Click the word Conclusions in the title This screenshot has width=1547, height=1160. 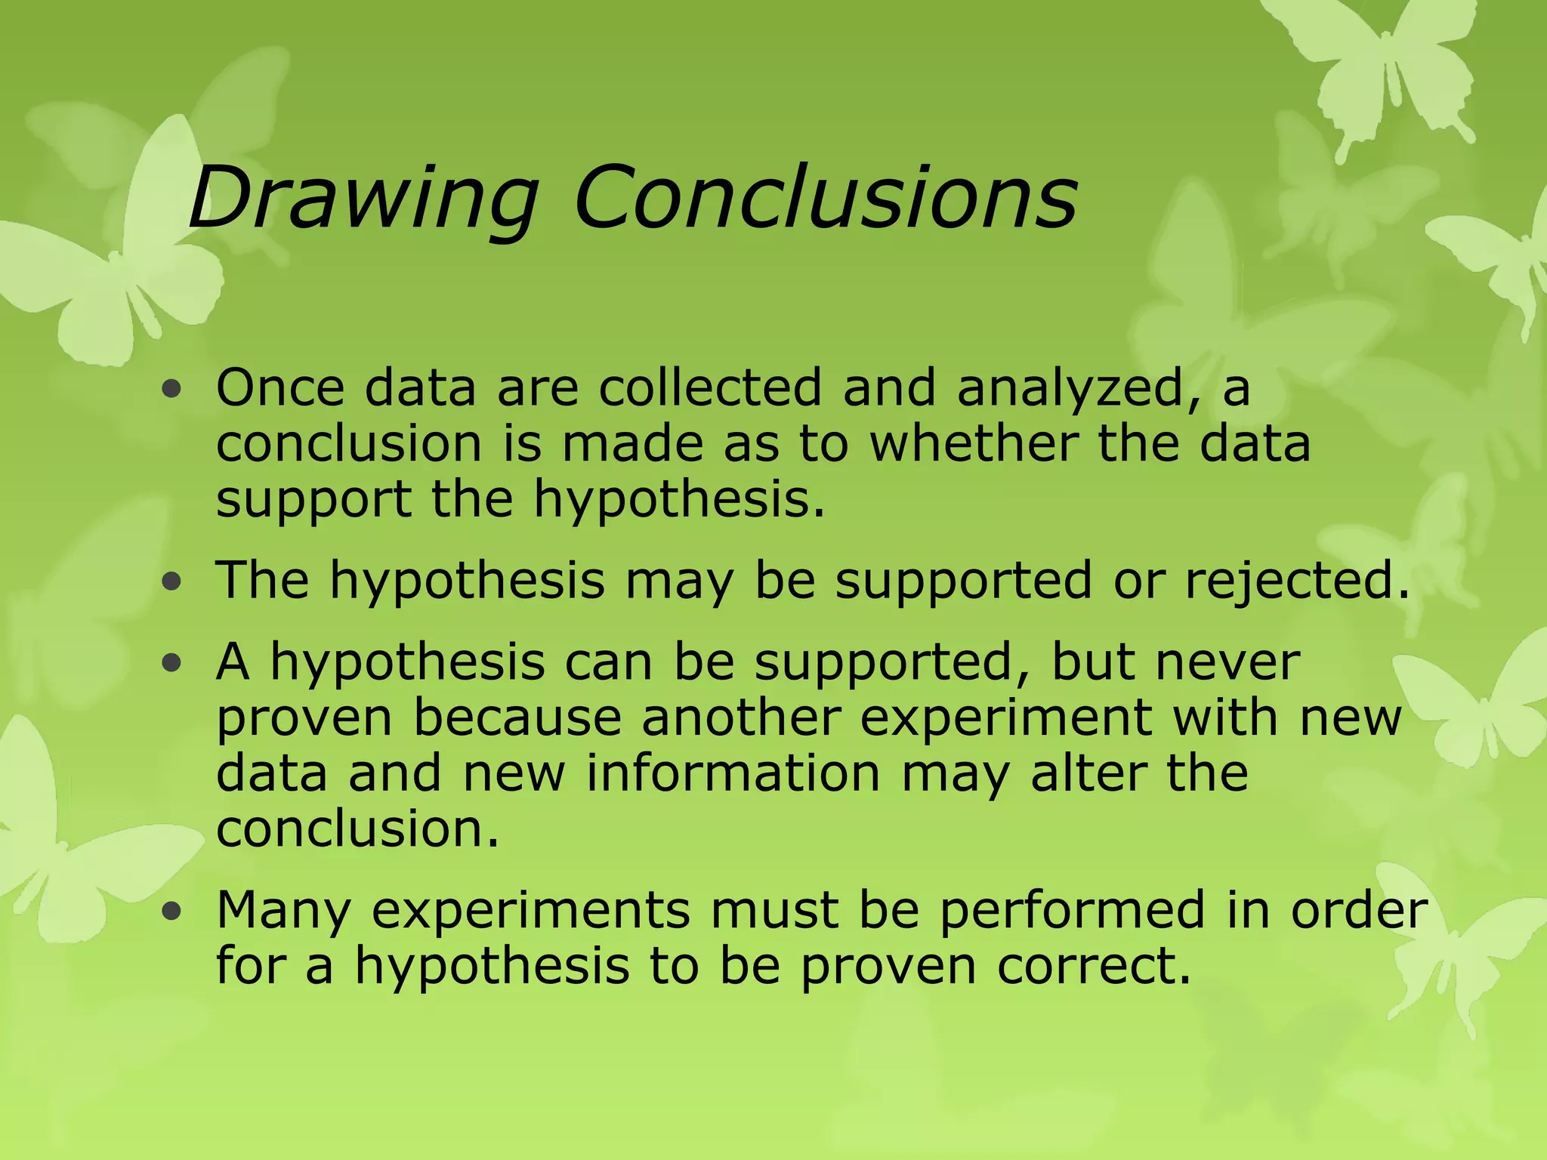pyautogui.click(x=825, y=198)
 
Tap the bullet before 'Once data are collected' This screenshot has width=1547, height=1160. pyautogui.click(x=172, y=390)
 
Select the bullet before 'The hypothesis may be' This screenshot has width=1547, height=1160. pyautogui.click(x=172, y=582)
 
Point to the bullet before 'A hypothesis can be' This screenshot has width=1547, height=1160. pyautogui.click(x=172, y=663)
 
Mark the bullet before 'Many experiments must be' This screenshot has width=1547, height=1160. pyautogui.click(x=172, y=911)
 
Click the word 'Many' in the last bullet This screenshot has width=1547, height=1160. pyautogui.click(x=284, y=911)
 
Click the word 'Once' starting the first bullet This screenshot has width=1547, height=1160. pyautogui.click(x=279, y=388)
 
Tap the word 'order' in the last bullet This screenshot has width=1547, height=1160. pyautogui.click(x=1358, y=911)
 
